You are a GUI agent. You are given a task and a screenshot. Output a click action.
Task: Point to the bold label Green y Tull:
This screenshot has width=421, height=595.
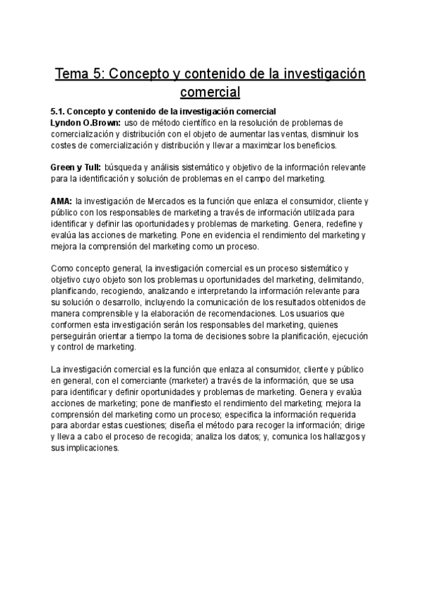coord(76,168)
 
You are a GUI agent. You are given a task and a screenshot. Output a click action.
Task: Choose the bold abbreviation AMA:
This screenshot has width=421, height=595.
coord(62,201)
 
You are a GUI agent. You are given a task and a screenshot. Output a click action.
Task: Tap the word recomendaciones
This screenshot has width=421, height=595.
coord(236,314)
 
